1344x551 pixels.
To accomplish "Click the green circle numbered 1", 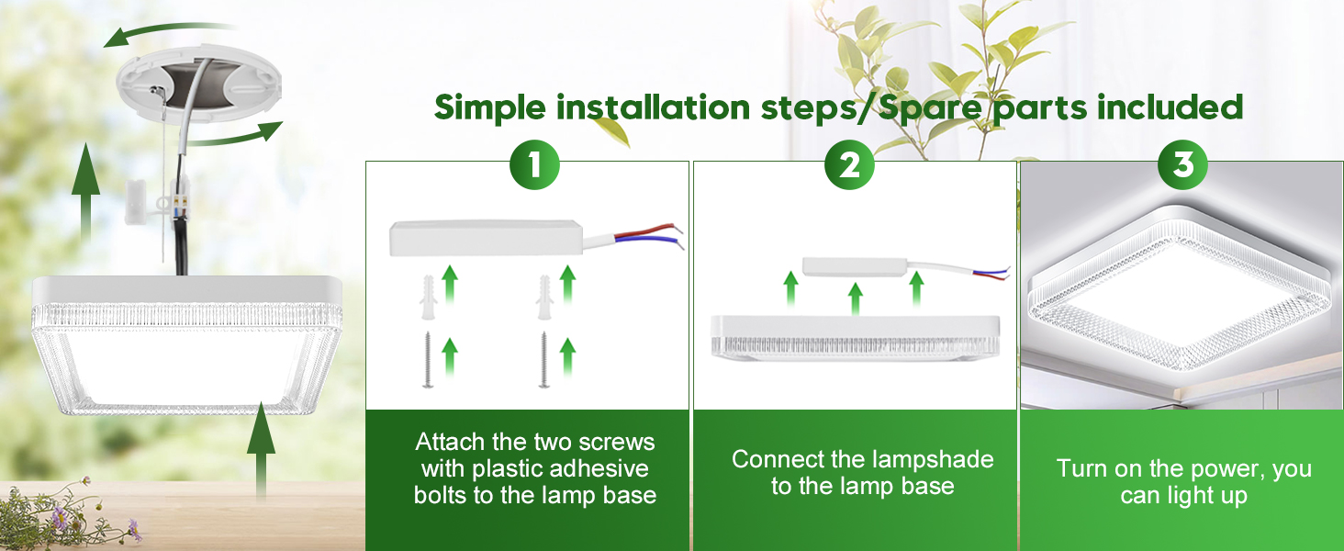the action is (534, 165).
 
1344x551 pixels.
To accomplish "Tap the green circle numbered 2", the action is (849, 165).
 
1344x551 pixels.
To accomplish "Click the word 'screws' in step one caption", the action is (615, 442).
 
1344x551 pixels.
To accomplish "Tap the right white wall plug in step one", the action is (543, 296).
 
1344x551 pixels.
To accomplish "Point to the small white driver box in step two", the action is (852, 267).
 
